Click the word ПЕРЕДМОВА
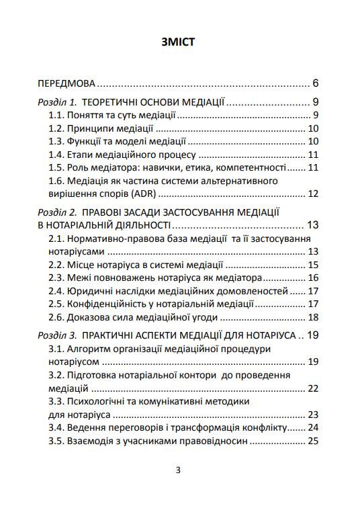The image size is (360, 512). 66,85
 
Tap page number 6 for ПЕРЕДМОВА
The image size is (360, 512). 315,85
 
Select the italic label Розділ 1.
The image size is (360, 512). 57,103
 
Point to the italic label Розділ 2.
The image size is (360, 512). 57,212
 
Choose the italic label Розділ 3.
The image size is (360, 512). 57,335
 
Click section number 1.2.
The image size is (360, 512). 56,128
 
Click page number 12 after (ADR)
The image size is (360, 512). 312,194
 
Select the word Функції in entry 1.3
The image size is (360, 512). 83,141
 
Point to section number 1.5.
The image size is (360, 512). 56,167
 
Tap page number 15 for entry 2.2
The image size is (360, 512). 312,265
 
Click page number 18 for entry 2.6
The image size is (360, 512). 312,317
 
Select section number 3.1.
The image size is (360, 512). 56,349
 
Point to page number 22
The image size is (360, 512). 312,388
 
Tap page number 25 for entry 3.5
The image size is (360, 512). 312,441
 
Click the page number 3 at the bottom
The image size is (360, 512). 178,470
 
